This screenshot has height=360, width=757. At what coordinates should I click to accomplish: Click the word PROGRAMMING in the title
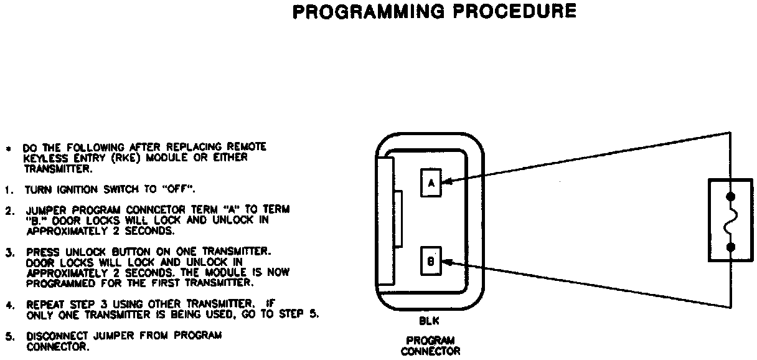(369, 11)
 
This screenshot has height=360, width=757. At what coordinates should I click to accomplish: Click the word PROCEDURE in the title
(515, 11)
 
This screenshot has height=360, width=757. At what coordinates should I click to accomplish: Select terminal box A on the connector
(431, 183)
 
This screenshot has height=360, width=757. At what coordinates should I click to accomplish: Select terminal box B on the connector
(431, 261)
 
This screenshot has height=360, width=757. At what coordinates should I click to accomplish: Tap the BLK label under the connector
(429, 321)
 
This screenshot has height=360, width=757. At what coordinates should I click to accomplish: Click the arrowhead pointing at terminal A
(447, 182)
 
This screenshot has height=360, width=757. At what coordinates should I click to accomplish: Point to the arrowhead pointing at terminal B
(447, 262)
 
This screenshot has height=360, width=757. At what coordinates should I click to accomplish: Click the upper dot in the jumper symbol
(730, 196)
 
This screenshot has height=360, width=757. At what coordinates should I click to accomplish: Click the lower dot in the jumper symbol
(730, 247)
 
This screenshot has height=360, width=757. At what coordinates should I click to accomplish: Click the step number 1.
(9, 190)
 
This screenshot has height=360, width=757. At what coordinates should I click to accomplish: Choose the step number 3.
(9, 253)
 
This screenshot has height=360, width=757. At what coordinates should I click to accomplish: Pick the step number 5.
(9, 336)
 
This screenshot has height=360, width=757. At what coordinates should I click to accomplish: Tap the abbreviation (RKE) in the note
(125, 158)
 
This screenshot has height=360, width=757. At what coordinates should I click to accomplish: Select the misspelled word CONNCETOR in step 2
(156, 209)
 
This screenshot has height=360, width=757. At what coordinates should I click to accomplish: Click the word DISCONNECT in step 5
(57, 336)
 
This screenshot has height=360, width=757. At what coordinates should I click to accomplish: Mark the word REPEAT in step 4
(45, 305)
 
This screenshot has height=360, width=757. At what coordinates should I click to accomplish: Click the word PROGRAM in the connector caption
(430, 341)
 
